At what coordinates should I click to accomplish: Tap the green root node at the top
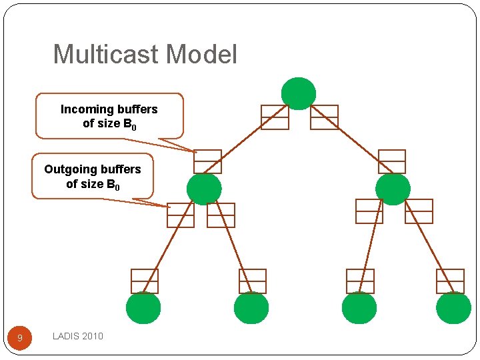click(x=298, y=93)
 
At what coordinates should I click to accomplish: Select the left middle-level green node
click(x=204, y=189)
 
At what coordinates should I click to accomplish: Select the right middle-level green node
click(x=393, y=189)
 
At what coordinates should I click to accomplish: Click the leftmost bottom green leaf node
click(x=143, y=308)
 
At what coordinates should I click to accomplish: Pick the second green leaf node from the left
click(x=251, y=308)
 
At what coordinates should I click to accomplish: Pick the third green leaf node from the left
click(x=359, y=308)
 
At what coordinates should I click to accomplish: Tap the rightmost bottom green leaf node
click(x=453, y=308)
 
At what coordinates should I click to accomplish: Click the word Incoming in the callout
click(x=85, y=109)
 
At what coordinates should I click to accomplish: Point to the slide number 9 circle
click(x=19, y=338)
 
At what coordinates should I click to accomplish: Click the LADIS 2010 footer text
click(x=78, y=336)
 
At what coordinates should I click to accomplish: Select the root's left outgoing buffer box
click(x=275, y=117)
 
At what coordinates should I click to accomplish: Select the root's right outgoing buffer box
click(x=324, y=117)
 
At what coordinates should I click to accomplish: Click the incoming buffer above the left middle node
click(x=207, y=161)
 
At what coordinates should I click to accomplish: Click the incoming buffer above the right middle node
click(x=391, y=161)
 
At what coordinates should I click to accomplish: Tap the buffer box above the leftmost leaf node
click(x=145, y=281)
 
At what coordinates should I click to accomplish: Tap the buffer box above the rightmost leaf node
click(x=450, y=281)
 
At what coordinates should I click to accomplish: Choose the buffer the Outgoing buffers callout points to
click(x=181, y=215)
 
